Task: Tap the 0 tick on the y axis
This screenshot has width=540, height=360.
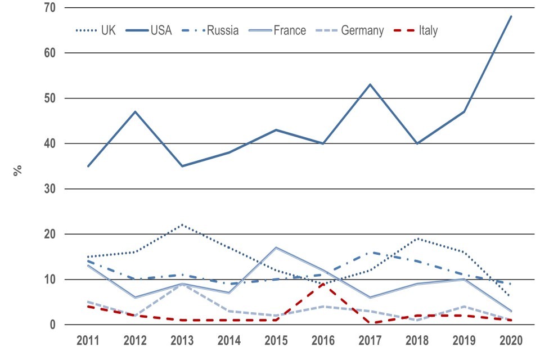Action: point(57,325)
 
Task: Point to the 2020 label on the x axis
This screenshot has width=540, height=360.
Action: point(510,341)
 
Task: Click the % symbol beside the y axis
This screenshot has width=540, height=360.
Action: point(19,169)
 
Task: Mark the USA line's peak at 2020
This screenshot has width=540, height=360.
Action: point(511,16)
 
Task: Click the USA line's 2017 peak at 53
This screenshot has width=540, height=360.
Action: point(370,84)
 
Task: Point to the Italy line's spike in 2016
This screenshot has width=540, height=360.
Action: point(322,284)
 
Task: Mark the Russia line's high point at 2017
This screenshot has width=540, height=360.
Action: point(370,253)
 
